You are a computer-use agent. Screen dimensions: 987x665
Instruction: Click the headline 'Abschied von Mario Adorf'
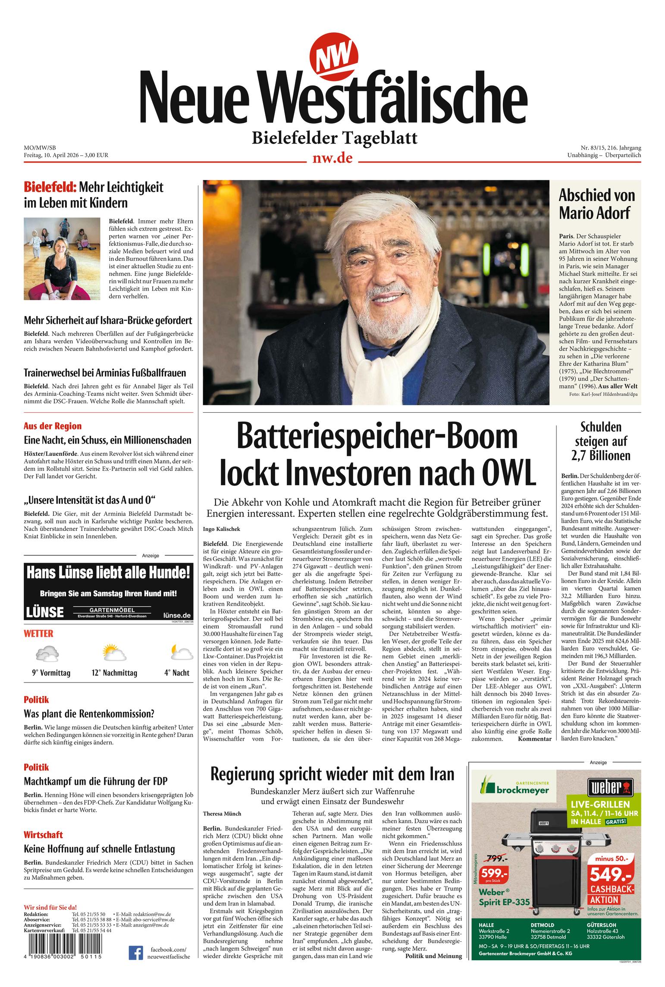(596, 204)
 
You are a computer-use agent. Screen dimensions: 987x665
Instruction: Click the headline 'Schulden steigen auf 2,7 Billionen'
(601, 441)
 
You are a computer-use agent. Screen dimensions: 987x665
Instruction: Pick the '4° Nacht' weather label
(176, 673)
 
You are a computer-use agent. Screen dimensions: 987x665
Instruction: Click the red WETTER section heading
(38, 633)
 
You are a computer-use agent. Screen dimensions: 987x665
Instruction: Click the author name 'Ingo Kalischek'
(221, 529)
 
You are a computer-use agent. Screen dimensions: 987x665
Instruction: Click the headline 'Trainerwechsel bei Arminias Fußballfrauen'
(105, 373)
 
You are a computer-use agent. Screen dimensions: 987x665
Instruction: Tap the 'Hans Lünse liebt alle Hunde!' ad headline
(108, 573)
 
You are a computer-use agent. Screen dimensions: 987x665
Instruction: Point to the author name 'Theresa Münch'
(222, 814)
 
